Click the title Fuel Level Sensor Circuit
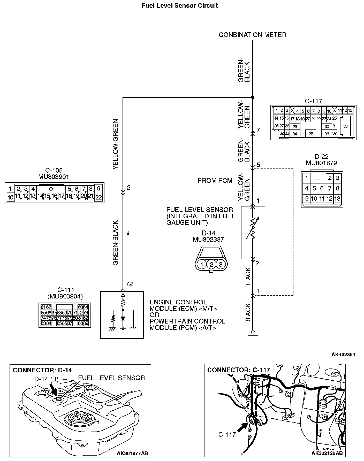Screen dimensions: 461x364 tap(179, 6)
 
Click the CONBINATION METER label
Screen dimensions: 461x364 tap(253, 35)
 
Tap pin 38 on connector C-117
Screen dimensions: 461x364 tap(346, 126)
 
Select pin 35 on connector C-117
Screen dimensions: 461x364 tap(311, 134)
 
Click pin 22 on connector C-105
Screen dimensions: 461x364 tap(98, 197)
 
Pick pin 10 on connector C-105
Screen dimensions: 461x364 tap(10, 197)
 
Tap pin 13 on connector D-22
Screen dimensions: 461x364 tap(337, 199)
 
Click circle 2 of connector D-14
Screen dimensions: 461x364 tap(211, 264)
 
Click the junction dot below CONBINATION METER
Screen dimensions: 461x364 tap(253, 97)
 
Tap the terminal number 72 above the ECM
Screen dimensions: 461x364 tap(129, 284)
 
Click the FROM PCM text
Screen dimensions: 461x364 tap(215, 180)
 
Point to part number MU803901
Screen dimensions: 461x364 tap(54, 176)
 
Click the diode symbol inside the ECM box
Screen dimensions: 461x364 tap(123, 319)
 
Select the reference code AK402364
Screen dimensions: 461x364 tap(343, 355)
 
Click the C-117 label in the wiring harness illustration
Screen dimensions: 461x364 tap(227, 434)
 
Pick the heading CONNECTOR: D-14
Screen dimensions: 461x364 tap(42, 370)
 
